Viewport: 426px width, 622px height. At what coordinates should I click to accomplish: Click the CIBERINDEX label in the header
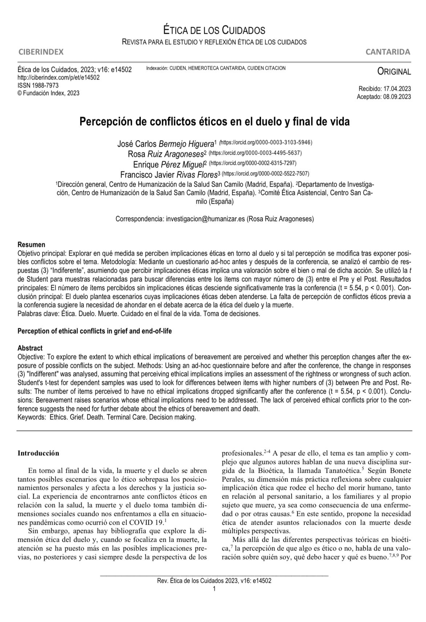point(41,52)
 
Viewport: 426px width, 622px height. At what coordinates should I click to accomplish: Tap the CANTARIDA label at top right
point(388,52)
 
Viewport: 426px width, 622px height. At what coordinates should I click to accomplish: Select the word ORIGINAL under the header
point(394,72)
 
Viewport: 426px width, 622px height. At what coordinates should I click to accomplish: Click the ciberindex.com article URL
point(58,77)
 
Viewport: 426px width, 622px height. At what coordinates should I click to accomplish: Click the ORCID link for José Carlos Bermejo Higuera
point(266,142)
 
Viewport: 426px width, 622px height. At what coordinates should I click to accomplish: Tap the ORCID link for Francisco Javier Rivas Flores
point(265,173)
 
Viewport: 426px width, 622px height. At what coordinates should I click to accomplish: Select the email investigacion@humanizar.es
point(206,219)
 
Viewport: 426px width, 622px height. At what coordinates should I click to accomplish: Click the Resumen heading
point(32,245)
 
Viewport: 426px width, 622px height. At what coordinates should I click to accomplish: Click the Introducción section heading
point(38,453)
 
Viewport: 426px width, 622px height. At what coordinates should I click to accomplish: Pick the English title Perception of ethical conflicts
point(94,331)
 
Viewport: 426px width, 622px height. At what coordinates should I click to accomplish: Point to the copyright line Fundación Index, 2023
point(48,93)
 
